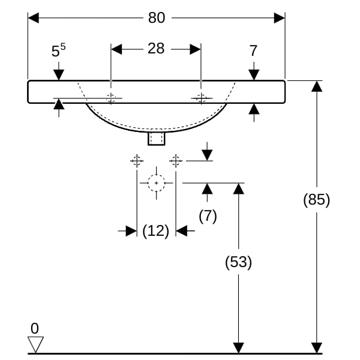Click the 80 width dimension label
tap(157, 17)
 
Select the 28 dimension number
tap(156, 49)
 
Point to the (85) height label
tap(316, 200)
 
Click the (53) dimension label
tap(238, 262)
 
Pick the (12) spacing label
tap(155, 231)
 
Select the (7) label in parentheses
tap(208, 216)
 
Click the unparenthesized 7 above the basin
tap(253, 50)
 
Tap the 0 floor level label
tap(35, 328)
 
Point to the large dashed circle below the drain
tap(157, 183)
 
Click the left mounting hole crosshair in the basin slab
tap(111, 98)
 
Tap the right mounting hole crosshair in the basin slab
tap(201, 98)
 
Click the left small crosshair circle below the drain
tap(137, 161)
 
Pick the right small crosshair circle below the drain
tap(176, 161)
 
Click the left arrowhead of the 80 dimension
tap(33, 18)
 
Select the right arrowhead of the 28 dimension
tap(196, 49)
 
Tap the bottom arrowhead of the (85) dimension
tap(317, 348)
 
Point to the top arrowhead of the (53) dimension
tap(238, 189)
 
